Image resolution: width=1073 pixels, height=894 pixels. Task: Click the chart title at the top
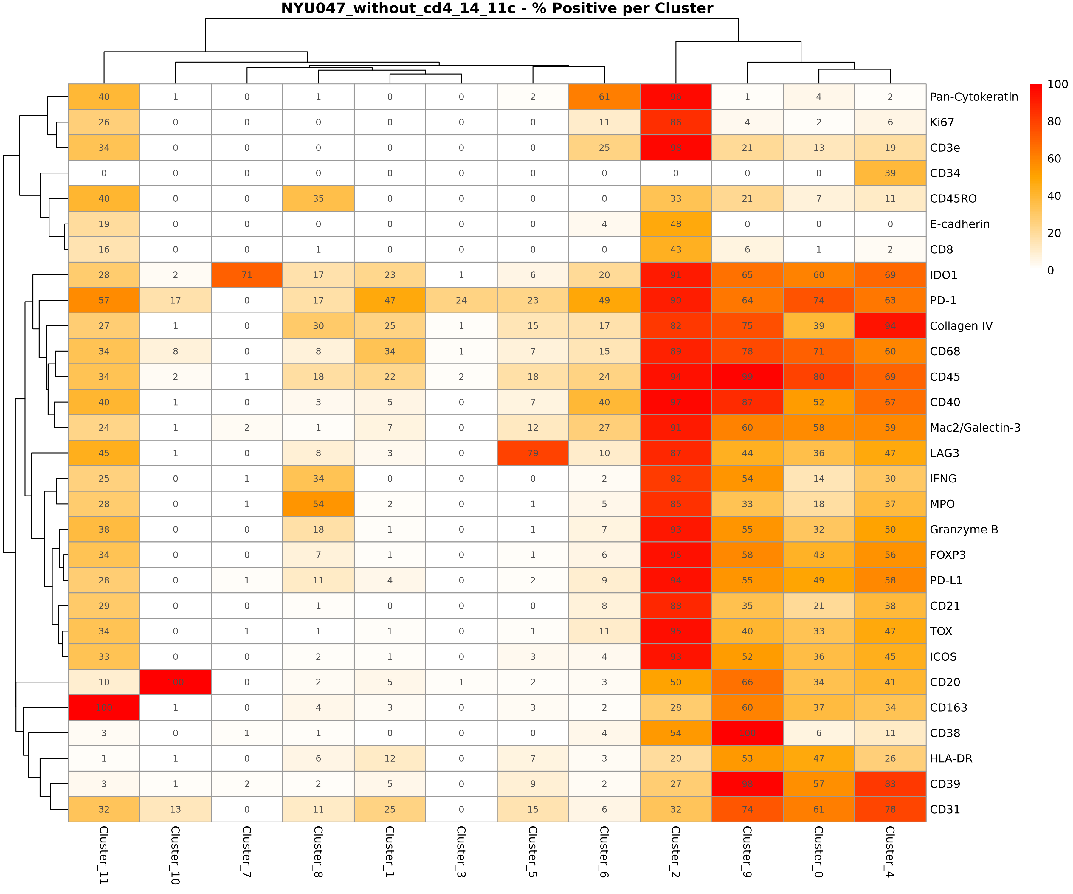tap(497, 9)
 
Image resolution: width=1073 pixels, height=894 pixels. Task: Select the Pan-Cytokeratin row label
tap(973, 97)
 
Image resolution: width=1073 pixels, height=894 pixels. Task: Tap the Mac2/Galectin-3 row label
tap(974, 428)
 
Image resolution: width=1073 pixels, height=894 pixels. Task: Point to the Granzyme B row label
tap(963, 529)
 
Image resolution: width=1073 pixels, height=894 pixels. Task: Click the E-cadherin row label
tap(959, 224)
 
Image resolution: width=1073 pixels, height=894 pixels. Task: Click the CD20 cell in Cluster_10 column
tap(175, 682)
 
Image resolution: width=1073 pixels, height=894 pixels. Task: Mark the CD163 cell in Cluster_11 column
tap(104, 707)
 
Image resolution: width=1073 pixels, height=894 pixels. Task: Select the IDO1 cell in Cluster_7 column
tap(247, 275)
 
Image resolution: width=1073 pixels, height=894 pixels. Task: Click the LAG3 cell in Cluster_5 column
tap(532, 453)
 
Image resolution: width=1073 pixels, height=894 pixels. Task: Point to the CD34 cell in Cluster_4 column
tap(890, 173)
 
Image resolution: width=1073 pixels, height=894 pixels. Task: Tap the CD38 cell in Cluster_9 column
tap(747, 733)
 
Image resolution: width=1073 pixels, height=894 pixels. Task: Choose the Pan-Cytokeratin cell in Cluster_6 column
tap(604, 97)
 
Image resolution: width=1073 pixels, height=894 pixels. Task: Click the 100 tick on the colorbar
tap(1057, 84)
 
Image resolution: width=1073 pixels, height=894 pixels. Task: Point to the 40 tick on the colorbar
tap(1054, 196)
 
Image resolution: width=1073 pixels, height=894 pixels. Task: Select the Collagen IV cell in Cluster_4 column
tap(890, 326)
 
